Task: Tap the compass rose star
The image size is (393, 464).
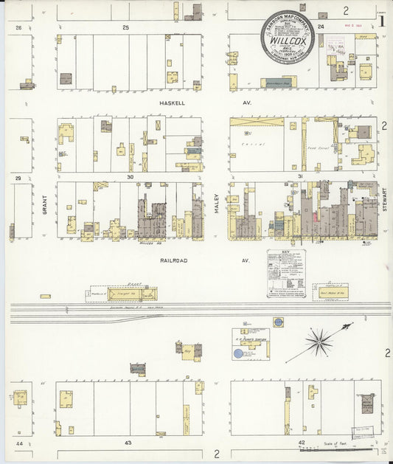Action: [319, 341]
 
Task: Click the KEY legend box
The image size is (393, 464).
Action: [285, 274]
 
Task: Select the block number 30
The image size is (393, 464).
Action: [130, 177]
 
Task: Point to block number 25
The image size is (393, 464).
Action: [125, 27]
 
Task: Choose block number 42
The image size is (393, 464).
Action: [301, 443]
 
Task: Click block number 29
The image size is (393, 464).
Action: [18, 178]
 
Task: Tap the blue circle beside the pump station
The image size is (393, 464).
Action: [238, 353]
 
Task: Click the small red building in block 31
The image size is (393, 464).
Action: [316, 215]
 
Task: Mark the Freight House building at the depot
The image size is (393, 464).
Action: [128, 294]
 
